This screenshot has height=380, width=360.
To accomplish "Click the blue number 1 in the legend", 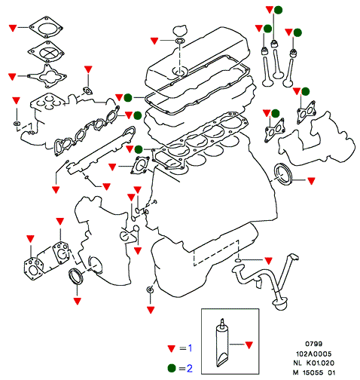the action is point(190,348).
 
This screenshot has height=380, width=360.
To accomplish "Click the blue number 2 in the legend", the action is point(190,369).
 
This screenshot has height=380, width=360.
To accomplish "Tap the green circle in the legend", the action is point(172,369).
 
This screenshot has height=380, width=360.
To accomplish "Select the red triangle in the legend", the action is point(172,348).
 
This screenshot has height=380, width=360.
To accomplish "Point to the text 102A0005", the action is point(314,354).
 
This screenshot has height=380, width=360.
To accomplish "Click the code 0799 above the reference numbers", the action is point(314,344).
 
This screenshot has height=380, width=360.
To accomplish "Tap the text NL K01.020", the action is point(314,363).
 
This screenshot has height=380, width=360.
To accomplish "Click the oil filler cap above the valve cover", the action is point(179,31).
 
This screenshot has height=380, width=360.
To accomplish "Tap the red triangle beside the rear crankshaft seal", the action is point(311,181).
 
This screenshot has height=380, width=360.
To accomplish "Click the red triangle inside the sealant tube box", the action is point(249,345).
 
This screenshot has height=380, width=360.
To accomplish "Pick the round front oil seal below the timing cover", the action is point(75,277).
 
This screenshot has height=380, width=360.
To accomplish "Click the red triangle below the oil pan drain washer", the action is point(151,310).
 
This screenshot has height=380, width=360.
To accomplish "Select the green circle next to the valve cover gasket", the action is point(128,97).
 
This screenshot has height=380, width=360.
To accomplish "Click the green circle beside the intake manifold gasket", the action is point(138,115).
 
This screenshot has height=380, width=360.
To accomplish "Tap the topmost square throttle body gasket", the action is point(45,27).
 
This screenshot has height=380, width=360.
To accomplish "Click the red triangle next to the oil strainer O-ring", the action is point(268,261).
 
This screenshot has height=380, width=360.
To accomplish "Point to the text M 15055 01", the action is point(314,372).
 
